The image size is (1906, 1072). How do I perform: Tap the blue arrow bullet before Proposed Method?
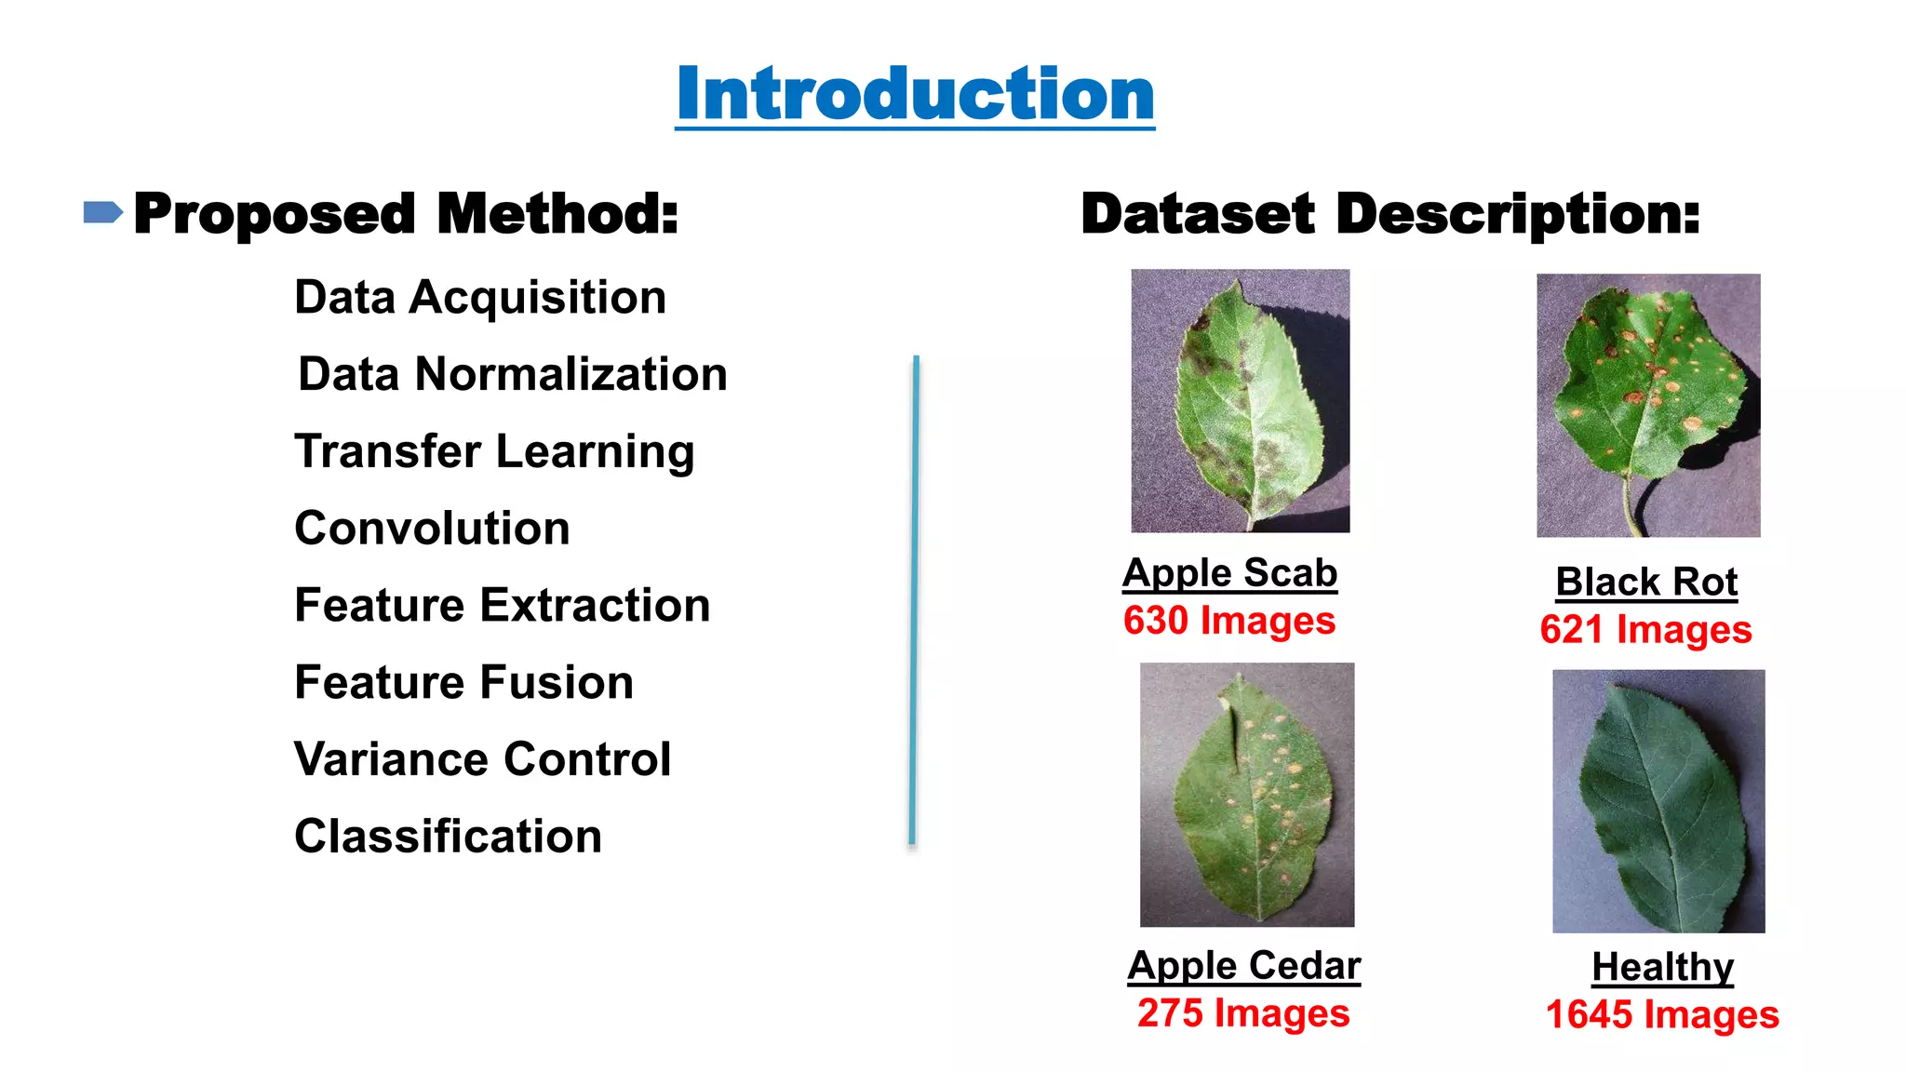[x=102, y=213]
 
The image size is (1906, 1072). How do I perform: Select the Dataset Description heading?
[x=1390, y=214]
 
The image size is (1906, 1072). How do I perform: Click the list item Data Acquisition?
[x=480, y=298]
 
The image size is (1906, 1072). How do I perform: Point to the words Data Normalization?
[x=513, y=374]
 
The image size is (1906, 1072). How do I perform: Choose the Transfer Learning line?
[x=494, y=451]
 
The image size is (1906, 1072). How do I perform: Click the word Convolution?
[x=432, y=529]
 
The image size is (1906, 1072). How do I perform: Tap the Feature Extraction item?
[x=503, y=606]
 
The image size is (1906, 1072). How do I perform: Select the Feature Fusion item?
[x=463, y=682]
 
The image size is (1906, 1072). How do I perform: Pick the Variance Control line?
[x=482, y=759]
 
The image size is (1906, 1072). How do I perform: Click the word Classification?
[x=448, y=837]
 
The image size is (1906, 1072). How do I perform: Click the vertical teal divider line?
[x=915, y=600]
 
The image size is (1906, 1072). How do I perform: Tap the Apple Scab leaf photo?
[x=1240, y=401]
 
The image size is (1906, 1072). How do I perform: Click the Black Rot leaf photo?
[x=1648, y=405]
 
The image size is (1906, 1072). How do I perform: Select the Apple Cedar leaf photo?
[x=1247, y=794]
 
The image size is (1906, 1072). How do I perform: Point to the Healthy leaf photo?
[x=1658, y=800]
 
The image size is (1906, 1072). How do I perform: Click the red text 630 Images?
[x=1229, y=621]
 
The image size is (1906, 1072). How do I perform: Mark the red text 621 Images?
[x=1645, y=630]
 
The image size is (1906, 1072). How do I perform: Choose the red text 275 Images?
[x=1243, y=1013]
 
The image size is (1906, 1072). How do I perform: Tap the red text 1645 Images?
[x=1662, y=1014]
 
